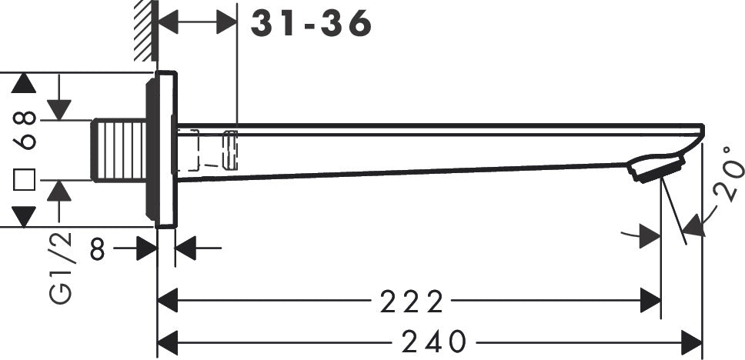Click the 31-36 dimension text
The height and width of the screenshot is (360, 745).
[x=312, y=25]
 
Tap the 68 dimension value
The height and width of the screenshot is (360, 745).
[x=25, y=130]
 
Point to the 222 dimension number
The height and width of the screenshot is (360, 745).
[x=412, y=302]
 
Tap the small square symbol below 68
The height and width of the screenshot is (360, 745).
[x=25, y=180]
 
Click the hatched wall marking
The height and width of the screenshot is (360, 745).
[x=144, y=31]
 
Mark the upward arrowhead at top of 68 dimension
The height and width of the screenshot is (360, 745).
[x=25, y=84]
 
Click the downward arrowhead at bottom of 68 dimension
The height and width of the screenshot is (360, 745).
[x=25, y=216]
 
